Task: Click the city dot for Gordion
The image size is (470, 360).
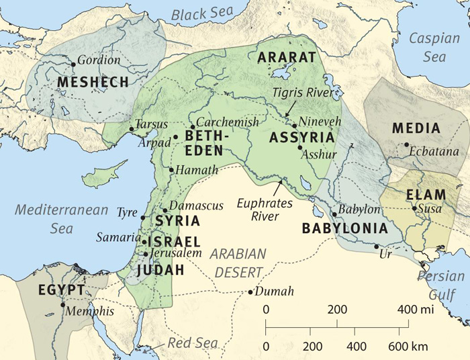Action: [x=73, y=64]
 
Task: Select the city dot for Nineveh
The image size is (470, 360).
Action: [x=294, y=126]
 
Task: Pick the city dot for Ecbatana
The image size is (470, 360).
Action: [x=406, y=144]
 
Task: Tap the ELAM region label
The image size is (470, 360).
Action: [x=426, y=195]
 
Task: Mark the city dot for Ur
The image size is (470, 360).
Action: [x=376, y=246]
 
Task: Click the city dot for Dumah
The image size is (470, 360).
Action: [x=250, y=292]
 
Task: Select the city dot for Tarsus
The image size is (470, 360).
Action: [x=132, y=129]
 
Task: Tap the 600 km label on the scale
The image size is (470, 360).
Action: [x=410, y=348]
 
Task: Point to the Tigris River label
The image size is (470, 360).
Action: [x=303, y=93]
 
